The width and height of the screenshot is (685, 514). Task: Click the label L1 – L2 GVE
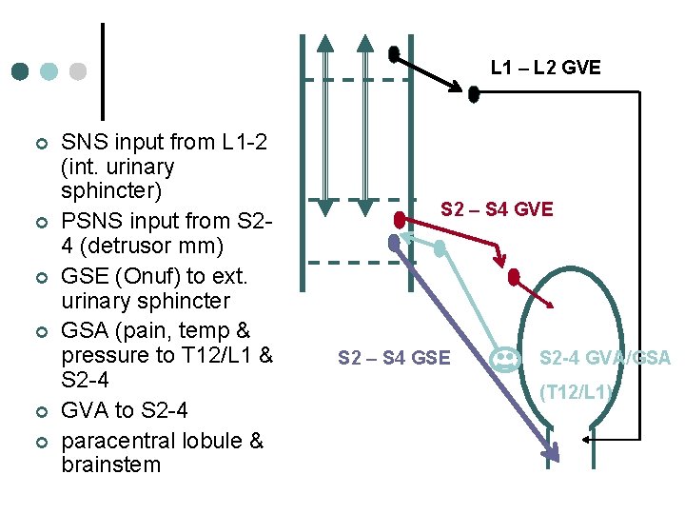[545, 68]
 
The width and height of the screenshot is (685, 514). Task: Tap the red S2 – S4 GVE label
[496, 209]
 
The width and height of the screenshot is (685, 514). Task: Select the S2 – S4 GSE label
[394, 359]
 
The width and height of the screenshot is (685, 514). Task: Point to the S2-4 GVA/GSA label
[605, 359]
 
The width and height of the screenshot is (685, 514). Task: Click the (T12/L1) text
[576, 391]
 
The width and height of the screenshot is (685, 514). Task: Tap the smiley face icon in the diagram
[504, 359]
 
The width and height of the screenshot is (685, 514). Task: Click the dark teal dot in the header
[20, 72]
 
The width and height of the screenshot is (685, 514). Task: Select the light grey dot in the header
[78, 72]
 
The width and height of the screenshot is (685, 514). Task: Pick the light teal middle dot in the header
[49, 72]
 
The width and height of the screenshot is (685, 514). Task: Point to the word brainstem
[110, 465]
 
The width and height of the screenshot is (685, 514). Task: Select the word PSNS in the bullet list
[89, 221]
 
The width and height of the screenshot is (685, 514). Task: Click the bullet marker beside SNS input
[40, 144]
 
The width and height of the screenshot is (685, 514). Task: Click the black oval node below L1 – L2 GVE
[474, 93]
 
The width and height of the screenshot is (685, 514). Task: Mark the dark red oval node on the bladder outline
[514, 279]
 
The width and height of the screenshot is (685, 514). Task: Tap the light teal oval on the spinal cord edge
[440, 247]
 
